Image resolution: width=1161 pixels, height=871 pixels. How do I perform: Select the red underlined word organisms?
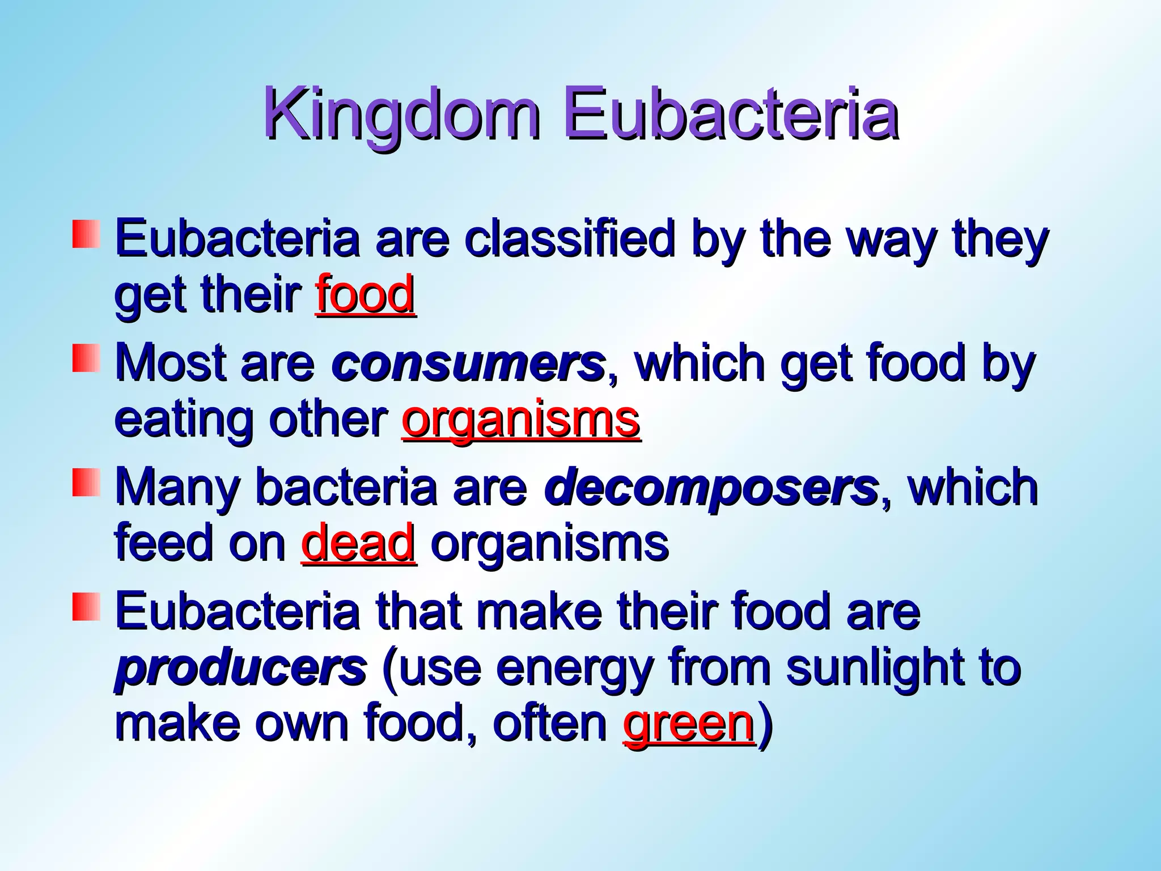click(521, 420)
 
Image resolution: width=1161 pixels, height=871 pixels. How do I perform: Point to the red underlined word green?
click(688, 724)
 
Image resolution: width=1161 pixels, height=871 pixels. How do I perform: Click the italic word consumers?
click(468, 363)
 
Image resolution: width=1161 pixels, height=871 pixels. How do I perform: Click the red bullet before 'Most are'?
click(86, 359)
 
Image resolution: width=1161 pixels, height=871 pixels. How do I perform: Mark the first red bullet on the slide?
click(86, 234)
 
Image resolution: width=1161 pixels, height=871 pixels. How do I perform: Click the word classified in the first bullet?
click(570, 238)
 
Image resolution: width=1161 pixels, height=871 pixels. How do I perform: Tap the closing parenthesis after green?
click(765, 725)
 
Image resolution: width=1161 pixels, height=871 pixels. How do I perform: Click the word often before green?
click(550, 724)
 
